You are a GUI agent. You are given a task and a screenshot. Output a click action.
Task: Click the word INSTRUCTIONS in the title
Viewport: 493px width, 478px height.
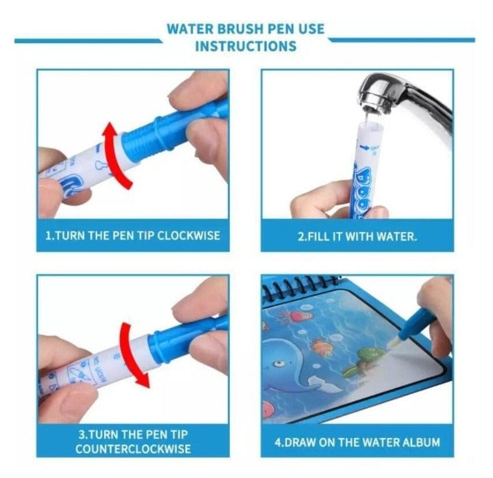tap(246, 46)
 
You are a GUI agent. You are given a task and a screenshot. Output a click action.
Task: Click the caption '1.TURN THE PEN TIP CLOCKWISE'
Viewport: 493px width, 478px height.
tap(132, 236)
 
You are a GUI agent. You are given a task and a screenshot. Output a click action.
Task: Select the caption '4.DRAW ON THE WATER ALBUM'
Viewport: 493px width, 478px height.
tap(356, 442)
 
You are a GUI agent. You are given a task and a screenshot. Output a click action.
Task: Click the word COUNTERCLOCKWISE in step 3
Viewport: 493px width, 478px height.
tap(133, 449)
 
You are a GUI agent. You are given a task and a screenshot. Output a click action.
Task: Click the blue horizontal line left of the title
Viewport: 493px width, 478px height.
tap(88, 41)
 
